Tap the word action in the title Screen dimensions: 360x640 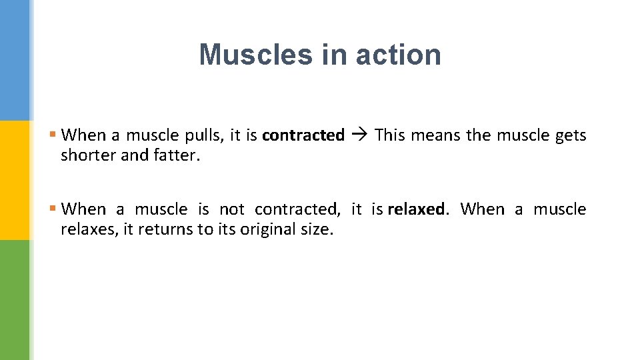click(x=398, y=55)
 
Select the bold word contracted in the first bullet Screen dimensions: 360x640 click(x=303, y=135)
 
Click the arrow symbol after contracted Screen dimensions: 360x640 click(x=359, y=135)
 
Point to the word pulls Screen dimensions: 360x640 click(x=207, y=135)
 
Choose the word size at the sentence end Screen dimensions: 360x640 click(x=317, y=229)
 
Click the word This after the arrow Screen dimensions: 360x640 click(x=390, y=135)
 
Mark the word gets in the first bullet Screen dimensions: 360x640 click(x=571, y=135)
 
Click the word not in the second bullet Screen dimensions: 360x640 click(x=232, y=209)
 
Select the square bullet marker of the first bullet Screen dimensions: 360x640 click(x=53, y=135)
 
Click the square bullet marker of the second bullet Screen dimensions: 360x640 click(x=53, y=209)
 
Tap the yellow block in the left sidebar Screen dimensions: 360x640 click(x=15, y=180)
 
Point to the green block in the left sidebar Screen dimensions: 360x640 click(x=15, y=300)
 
